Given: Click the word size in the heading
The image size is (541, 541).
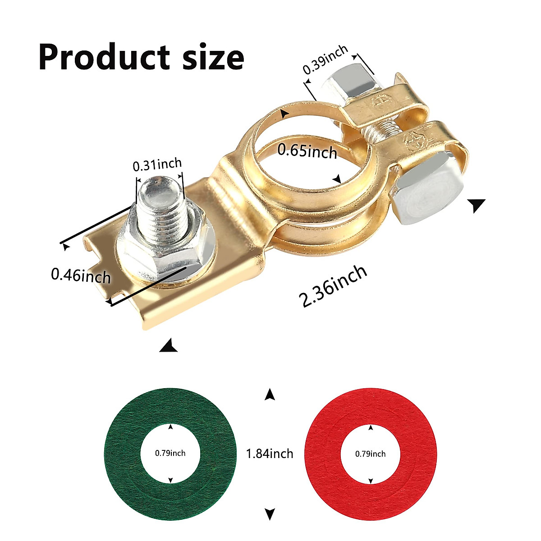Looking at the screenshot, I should click(213, 57).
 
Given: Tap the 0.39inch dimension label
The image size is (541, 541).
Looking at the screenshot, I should click(326, 60).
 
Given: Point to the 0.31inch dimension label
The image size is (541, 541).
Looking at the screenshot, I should click(157, 165).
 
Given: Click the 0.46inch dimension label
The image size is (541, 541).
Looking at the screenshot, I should click(81, 275).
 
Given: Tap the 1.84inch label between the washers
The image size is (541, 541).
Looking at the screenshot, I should click(270, 453).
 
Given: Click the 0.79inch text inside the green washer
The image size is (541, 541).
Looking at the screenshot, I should click(170, 453).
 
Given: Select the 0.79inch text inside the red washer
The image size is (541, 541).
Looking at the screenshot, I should click(370, 454).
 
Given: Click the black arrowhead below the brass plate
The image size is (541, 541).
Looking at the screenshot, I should click(168, 346).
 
